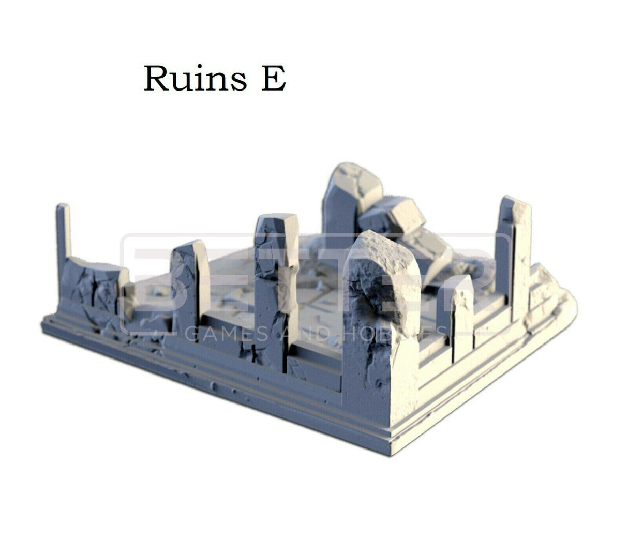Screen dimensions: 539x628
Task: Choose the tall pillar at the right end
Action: tap(513, 253)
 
